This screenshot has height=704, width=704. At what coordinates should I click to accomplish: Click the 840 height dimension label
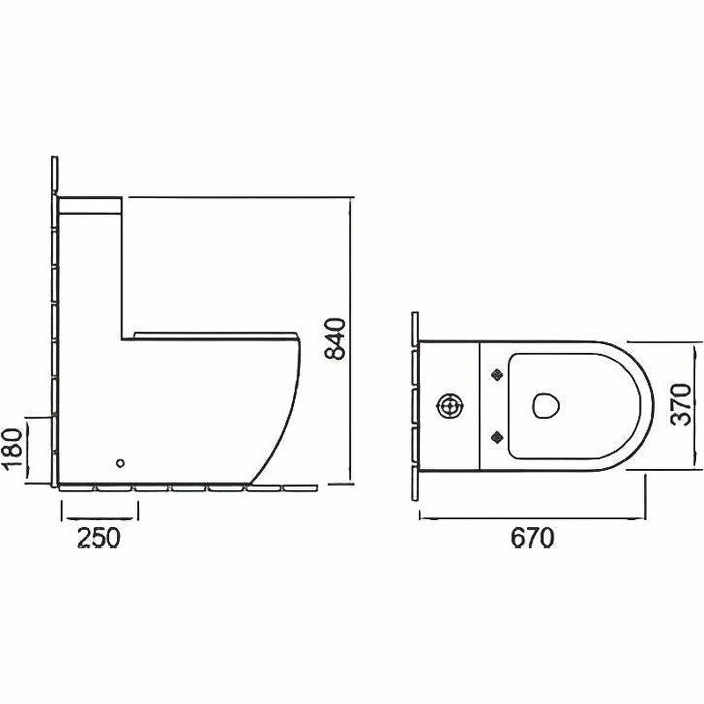[x=335, y=339]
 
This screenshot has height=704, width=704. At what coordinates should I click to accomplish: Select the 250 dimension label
[x=99, y=537]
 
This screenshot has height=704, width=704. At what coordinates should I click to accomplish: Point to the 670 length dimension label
[x=532, y=537]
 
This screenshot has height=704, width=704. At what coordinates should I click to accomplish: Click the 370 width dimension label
[x=680, y=404]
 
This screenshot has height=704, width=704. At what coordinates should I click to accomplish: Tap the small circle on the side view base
[x=120, y=463]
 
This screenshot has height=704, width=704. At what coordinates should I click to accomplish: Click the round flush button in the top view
[x=449, y=406]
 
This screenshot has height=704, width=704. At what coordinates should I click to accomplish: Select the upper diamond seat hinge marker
[x=497, y=375]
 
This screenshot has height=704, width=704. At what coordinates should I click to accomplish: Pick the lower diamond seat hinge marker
[x=497, y=436]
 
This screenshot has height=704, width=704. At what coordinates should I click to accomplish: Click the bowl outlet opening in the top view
[x=545, y=406]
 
